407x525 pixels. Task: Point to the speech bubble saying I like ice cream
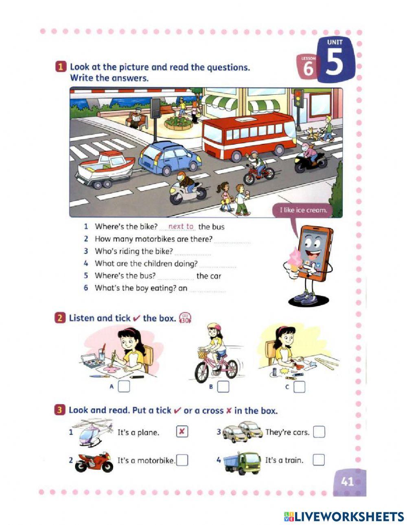pos(303,210)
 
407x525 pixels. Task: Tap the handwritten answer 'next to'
pos(181,227)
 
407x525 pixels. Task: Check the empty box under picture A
pos(124,386)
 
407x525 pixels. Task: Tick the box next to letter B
pos(223,386)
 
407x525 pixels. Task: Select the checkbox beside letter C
pos(299,387)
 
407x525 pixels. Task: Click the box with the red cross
pos(182,432)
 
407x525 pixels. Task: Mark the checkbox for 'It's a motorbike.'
pos(182,460)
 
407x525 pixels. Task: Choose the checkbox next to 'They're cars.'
pos(319,432)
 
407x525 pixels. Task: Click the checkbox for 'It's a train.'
pos(319,460)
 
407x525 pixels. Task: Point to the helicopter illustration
pos(94,432)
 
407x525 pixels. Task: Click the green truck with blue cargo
pos(242,463)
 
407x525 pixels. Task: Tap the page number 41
pos(347,482)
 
